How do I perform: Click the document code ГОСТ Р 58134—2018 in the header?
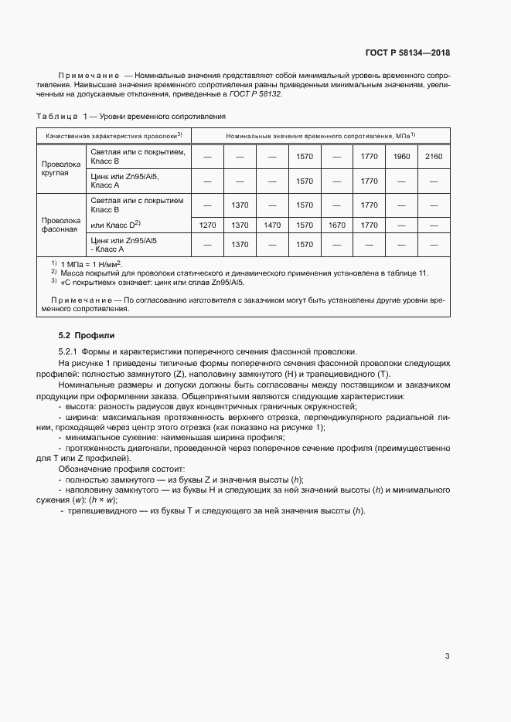point(407,53)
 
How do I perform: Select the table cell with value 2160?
point(434,157)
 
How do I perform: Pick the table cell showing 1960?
point(401,157)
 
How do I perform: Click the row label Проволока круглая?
point(60,168)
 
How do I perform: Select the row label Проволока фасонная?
point(60,225)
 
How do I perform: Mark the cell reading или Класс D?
point(115,225)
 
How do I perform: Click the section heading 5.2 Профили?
point(87,336)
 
